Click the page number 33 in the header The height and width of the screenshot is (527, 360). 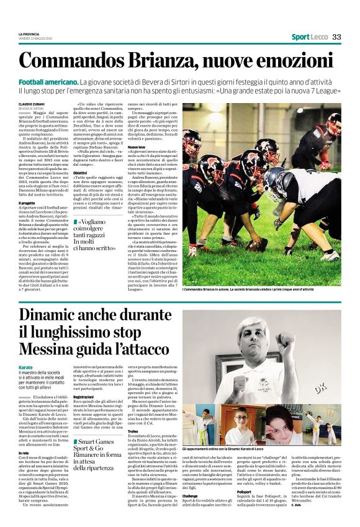pyautogui.click(x=337, y=37)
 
